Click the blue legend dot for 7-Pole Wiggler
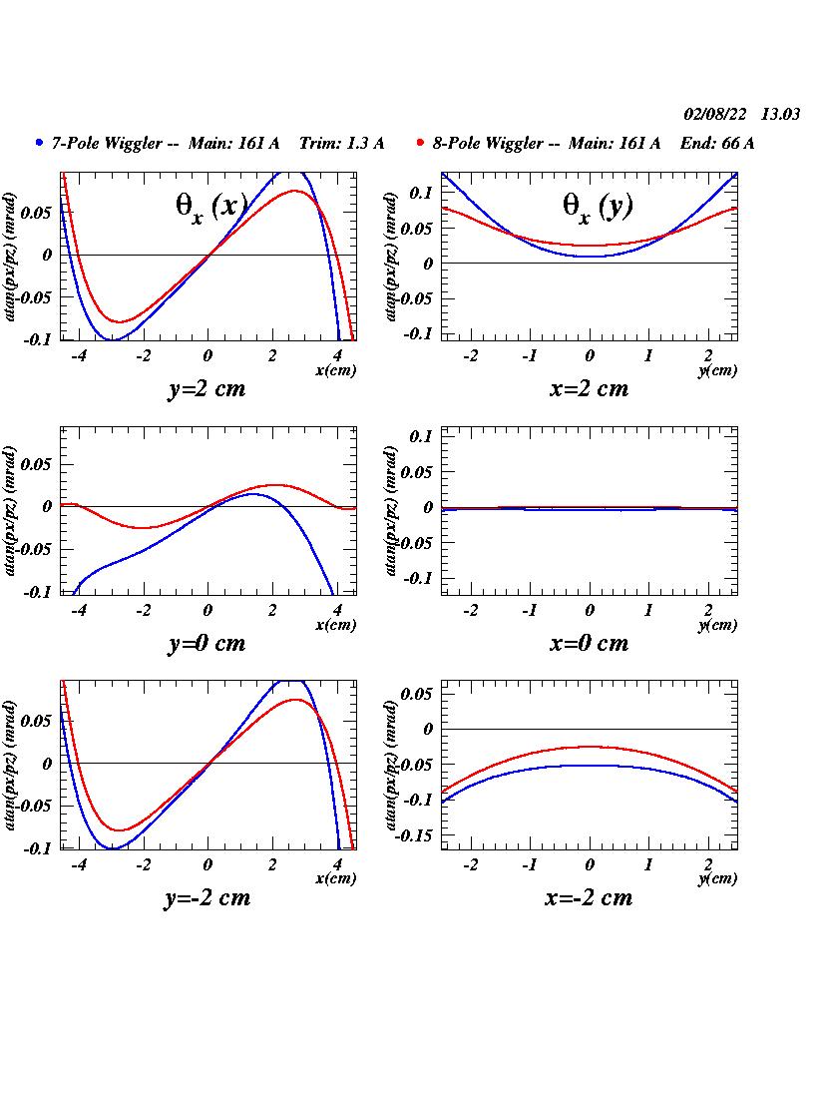[40, 143]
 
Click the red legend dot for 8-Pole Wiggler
[421, 143]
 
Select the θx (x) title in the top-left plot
[211, 206]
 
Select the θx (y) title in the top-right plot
[598, 206]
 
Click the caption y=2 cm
[206, 389]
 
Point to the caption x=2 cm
[589, 389]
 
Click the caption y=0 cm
[206, 643]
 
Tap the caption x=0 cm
[589, 643]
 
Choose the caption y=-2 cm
[206, 897]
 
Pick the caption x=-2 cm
[589, 897]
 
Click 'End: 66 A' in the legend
[717, 143]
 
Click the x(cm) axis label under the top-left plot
[335, 370]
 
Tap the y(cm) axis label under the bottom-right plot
[717, 879]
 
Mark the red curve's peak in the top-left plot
[295, 191]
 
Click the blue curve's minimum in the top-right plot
[591, 257]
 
